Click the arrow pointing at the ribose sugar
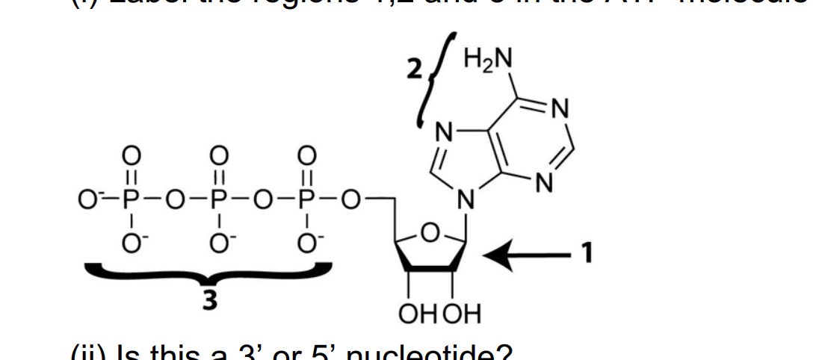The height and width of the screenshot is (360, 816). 523,256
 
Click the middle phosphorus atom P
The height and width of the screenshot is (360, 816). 217,200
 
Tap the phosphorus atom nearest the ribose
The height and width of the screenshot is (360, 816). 304,200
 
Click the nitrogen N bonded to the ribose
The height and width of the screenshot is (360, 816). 466,200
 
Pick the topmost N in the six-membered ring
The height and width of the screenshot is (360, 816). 559,111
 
